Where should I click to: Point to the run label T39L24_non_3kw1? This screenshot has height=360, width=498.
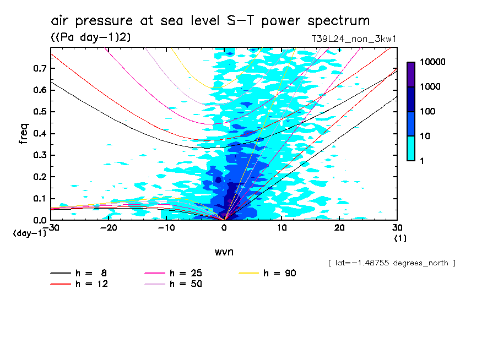[354, 39]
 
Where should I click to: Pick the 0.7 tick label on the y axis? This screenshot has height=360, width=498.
[40, 68]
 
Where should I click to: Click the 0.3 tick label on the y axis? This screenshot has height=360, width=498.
[40, 155]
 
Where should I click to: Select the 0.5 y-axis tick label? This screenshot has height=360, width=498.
[40, 112]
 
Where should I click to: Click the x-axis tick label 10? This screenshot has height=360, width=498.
[282, 227]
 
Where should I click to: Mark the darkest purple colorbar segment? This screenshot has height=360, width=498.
[411, 74]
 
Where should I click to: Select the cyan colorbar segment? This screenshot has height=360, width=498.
[411, 149]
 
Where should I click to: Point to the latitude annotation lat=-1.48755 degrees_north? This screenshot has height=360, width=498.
[392, 263]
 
